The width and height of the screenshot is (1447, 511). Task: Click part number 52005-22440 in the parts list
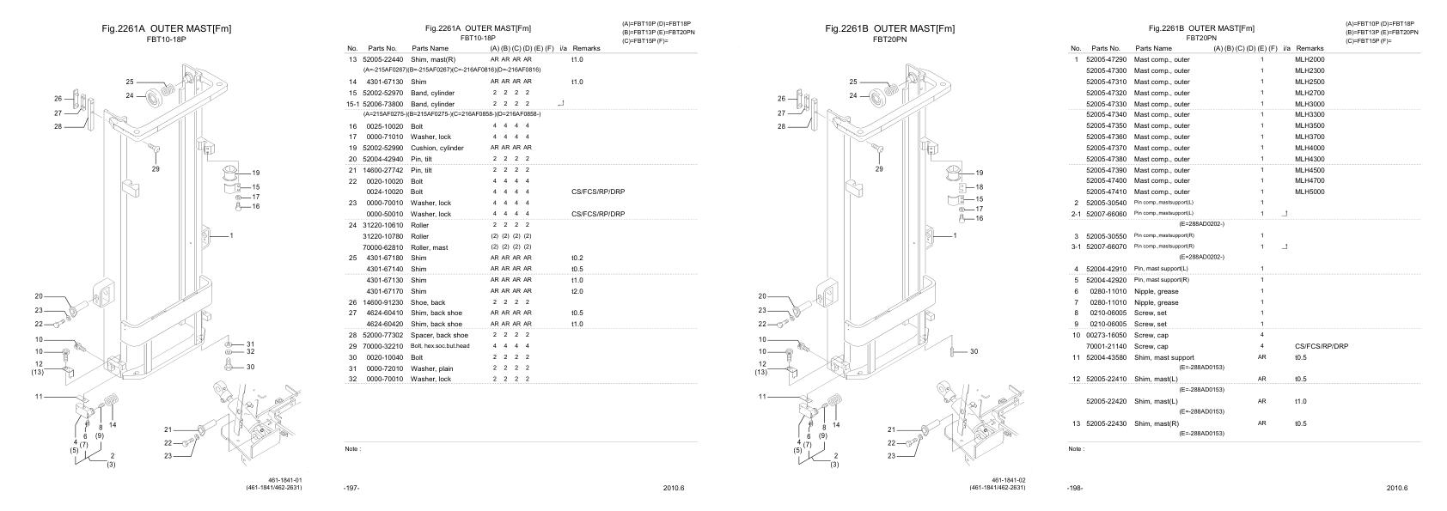[x=382, y=59]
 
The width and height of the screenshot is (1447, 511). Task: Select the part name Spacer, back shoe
[x=440, y=335]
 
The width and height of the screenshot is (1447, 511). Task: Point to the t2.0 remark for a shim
[x=577, y=291]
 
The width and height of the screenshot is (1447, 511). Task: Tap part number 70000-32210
[x=382, y=346]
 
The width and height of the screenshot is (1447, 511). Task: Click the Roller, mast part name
[x=430, y=246]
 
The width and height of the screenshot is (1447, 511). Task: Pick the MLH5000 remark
[x=1310, y=192]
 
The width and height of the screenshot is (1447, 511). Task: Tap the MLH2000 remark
[x=1310, y=59]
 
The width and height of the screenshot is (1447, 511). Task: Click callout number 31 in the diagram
[x=251, y=344]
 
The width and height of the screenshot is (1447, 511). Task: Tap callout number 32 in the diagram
[x=251, y=351]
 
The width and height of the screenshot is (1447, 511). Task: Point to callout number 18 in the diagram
[x=980, y=186]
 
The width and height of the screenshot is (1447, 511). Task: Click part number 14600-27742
[x=382, y=170]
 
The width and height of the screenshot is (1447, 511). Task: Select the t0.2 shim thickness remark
[x=577, y=258]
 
